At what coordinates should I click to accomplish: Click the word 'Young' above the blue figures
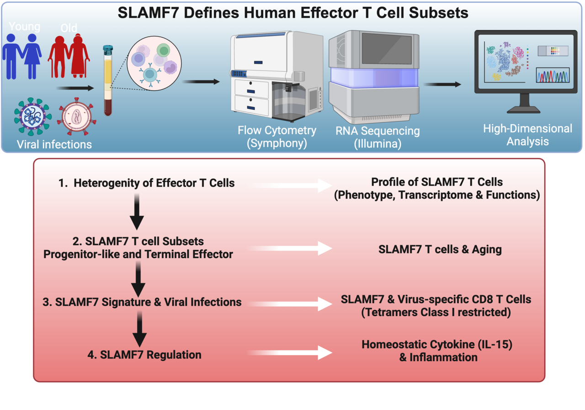25,27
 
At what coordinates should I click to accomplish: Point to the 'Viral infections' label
54,145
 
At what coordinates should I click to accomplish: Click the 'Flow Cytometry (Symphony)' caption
277,137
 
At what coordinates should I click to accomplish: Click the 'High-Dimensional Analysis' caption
527,135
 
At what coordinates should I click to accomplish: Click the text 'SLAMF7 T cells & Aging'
440,249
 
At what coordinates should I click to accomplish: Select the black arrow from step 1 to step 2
137,212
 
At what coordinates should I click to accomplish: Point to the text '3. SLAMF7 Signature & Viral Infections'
148,302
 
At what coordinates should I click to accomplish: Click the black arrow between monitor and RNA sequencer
442,84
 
